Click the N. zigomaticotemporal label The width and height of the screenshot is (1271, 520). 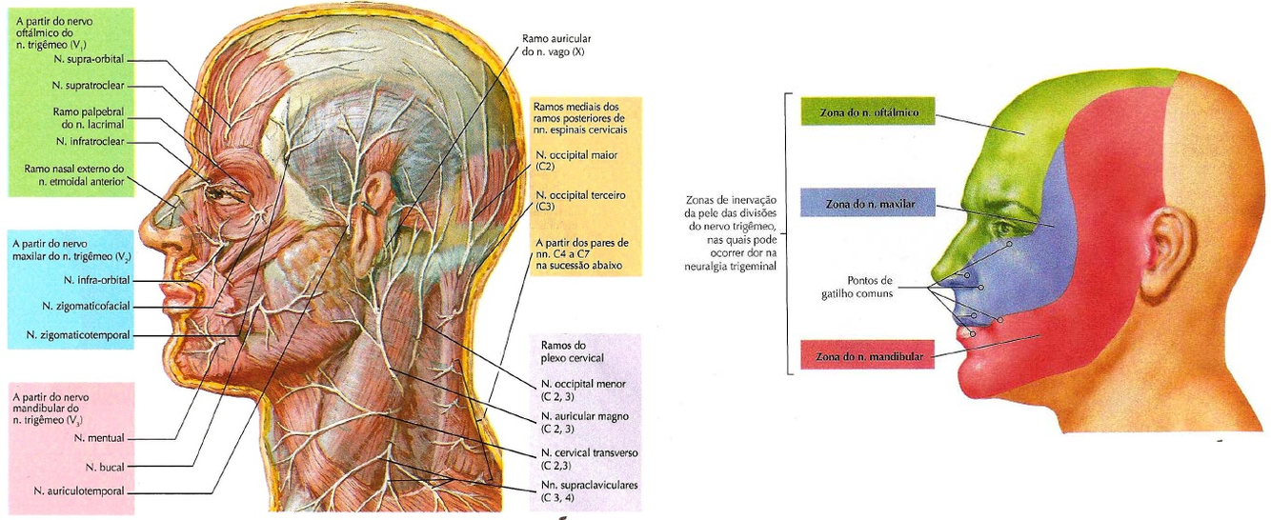(x=78, y=335)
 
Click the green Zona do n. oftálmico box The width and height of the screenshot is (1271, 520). (x=866, y=110)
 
